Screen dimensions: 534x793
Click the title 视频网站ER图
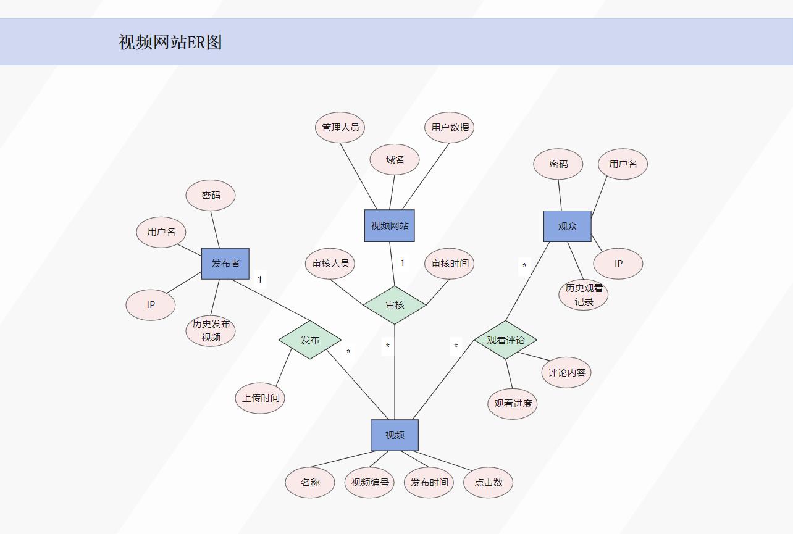170,42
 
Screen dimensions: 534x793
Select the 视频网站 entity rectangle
389,225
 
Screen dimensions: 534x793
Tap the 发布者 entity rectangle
225,264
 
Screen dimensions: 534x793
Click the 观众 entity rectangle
567,226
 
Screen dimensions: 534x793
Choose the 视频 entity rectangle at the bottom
395,435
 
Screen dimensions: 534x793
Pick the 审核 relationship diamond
395,304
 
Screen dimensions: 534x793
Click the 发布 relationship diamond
309,340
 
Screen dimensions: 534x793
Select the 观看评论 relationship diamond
505,340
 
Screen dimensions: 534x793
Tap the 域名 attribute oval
395,160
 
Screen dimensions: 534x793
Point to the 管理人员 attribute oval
340,128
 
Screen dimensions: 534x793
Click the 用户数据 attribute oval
450,128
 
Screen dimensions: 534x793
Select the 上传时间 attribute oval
260,398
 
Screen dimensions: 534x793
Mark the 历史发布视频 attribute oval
211,331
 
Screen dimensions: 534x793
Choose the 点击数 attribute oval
488,483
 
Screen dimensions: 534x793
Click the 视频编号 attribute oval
369,483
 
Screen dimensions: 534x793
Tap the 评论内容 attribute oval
566,373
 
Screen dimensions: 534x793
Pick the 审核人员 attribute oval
330,264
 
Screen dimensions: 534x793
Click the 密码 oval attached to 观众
558,164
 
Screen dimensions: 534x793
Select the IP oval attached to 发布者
151,305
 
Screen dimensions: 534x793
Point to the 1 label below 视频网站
402,263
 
